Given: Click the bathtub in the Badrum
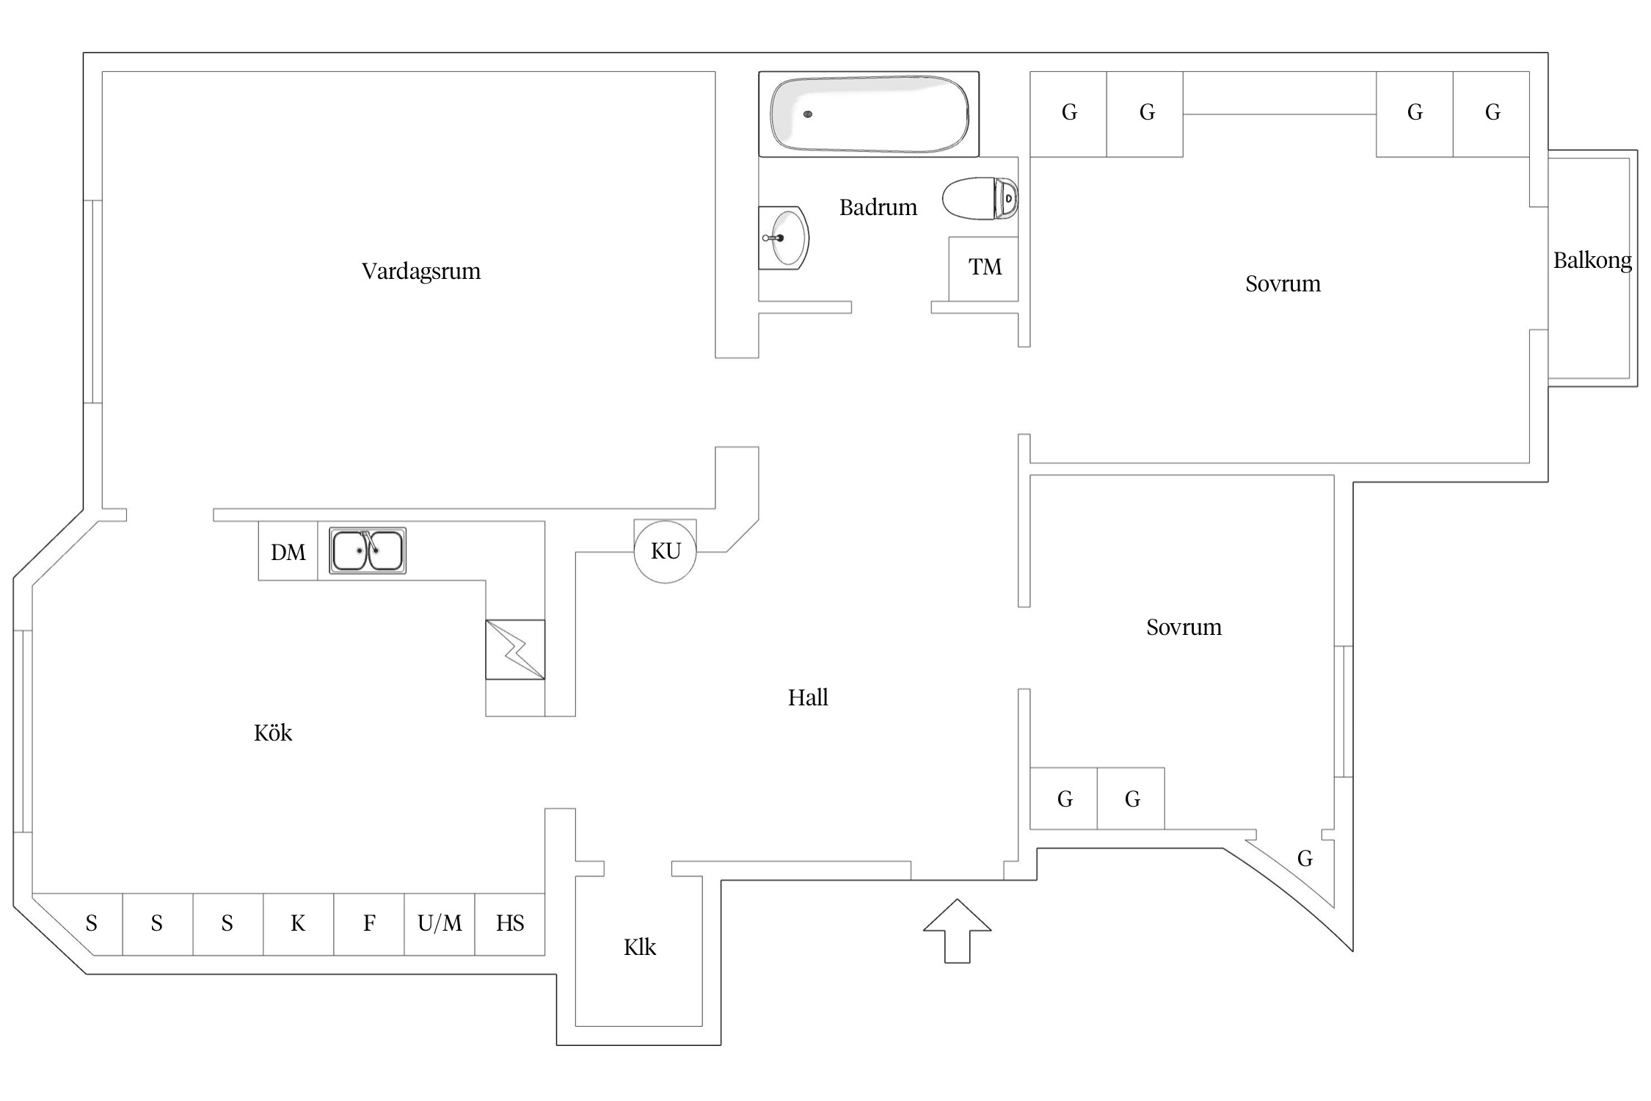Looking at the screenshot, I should click(869, 115).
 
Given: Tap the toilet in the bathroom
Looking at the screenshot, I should click(980, 198).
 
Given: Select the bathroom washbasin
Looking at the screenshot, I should click(784, 238).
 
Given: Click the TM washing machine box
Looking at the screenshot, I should click(984, 267).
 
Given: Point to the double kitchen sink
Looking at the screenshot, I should click(367, 550).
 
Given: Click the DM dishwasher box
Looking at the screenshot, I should click(288, 552).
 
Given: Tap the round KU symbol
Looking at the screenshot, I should click(666, 551).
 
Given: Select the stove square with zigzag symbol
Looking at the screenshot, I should click(515, 650).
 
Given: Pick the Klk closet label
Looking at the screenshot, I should click(639, 948).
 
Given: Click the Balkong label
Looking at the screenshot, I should click(1592, 261).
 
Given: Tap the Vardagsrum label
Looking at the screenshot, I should click(421, 272).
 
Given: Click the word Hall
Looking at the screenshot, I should click(808, 697).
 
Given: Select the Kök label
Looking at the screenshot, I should click(273, 733).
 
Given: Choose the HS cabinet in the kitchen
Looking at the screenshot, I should click(510, 923).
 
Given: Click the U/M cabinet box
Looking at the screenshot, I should click(440, 923).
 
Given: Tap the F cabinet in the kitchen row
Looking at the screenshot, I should click(369, 923).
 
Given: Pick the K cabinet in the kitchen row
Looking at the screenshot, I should click(298, 923).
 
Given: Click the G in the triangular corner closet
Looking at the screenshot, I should click(1305, 858).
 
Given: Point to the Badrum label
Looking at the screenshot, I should click(878, 208).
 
